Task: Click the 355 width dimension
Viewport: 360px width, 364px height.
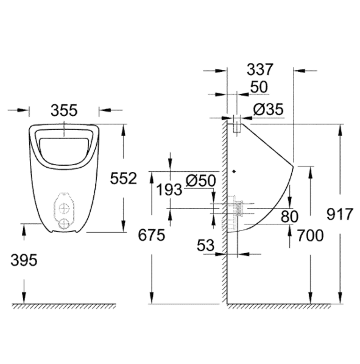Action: pos(64,110)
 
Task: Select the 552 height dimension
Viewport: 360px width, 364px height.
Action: pos(124,178)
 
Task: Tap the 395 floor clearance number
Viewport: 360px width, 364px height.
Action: pos(24,260)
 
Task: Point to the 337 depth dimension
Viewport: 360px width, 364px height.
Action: pos(260,70)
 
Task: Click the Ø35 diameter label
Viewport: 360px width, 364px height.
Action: pos(269,109)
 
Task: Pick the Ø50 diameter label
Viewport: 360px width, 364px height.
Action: pos(201,180)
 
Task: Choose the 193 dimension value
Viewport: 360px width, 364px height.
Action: pos(169,190)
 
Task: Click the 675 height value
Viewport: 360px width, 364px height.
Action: pos(152,235)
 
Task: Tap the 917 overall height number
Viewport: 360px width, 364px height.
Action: pos(340,214)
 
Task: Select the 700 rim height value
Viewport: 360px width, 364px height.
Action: pos(310,235)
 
